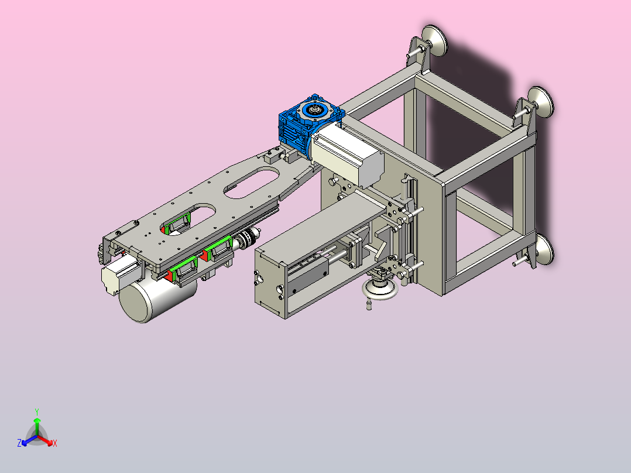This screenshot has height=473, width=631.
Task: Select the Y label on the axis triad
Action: point(37,412)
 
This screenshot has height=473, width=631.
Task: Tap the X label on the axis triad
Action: point(55,443)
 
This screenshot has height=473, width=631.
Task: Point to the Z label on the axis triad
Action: point(19,443)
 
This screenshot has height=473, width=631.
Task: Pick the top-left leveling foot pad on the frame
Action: point(434,40)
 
